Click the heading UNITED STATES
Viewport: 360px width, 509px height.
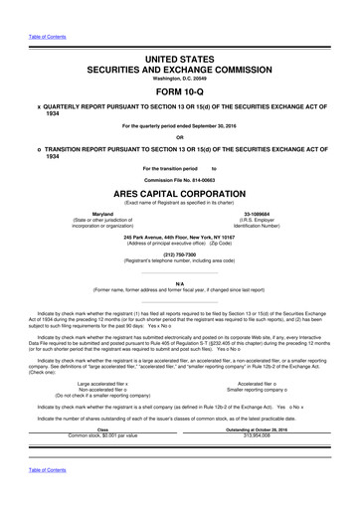coord(180,61)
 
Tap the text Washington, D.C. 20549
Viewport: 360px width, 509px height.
coord(180,86)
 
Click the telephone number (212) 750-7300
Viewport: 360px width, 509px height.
coord(180,280)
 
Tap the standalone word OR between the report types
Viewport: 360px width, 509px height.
coord(180,166)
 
